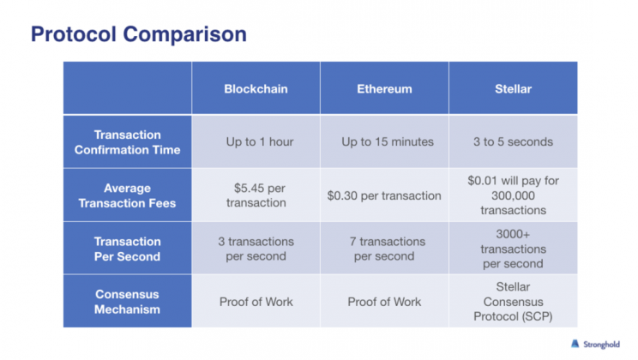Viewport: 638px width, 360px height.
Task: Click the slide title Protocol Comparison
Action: click(139, 34)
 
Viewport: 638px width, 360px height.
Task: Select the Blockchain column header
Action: click(256, 88)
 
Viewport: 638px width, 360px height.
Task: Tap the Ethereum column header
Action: click(384, 88)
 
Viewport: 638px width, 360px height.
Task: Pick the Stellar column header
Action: click(513, 88)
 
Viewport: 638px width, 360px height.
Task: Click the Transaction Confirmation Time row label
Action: click(128, 142)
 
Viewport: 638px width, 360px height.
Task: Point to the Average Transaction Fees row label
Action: click(128, 195)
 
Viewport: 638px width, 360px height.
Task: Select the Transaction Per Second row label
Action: click(128, 249)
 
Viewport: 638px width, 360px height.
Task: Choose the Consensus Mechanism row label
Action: click(128, 302)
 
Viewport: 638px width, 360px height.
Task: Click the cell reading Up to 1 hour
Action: click(260, 141)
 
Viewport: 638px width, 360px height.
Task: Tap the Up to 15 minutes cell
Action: click(388, 141)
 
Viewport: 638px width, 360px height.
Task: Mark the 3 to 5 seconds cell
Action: click(513, 141)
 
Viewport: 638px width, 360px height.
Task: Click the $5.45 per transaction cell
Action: click(256, 195)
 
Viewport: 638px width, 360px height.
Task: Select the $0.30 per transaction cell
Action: click(384, 195)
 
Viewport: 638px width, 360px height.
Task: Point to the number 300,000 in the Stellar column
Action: click(513, 195)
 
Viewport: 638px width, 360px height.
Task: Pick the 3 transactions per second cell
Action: click(256, 249)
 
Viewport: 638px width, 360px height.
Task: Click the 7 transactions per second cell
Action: click(387, 249)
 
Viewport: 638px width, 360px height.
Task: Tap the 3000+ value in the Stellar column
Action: click(513, 234)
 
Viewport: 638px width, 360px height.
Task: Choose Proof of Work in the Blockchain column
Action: click(256, 302)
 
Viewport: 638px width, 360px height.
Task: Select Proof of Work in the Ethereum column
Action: click(384, 302)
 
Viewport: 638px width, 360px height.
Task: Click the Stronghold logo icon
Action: click(575, 344)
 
